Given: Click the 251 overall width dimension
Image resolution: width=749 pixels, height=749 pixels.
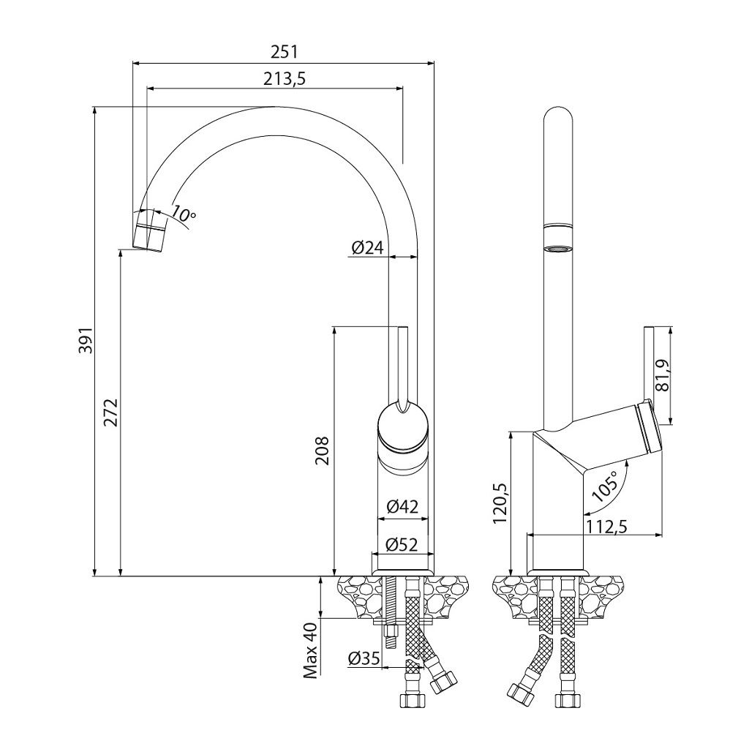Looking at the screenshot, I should tap(285, 52).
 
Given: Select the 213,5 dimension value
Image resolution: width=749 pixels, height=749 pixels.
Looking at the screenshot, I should tap(285, 80).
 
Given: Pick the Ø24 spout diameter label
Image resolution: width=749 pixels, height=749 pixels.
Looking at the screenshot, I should tap(367, 248).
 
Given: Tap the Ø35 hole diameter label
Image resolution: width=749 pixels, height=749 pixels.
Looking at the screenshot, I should tap(364, 658).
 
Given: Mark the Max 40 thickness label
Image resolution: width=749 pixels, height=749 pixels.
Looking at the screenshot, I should tap(311, 651).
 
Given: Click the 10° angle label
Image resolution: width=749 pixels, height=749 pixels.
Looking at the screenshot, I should tap(184, 214).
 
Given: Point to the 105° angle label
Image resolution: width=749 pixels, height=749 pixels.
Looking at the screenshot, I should tap(605, 486).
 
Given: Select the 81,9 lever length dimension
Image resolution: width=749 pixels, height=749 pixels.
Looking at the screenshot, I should tap(663, 375).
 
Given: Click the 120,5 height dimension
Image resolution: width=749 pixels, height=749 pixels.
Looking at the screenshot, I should tap(500, 503).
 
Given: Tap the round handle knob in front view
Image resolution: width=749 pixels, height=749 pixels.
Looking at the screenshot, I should tap(401, 427).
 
